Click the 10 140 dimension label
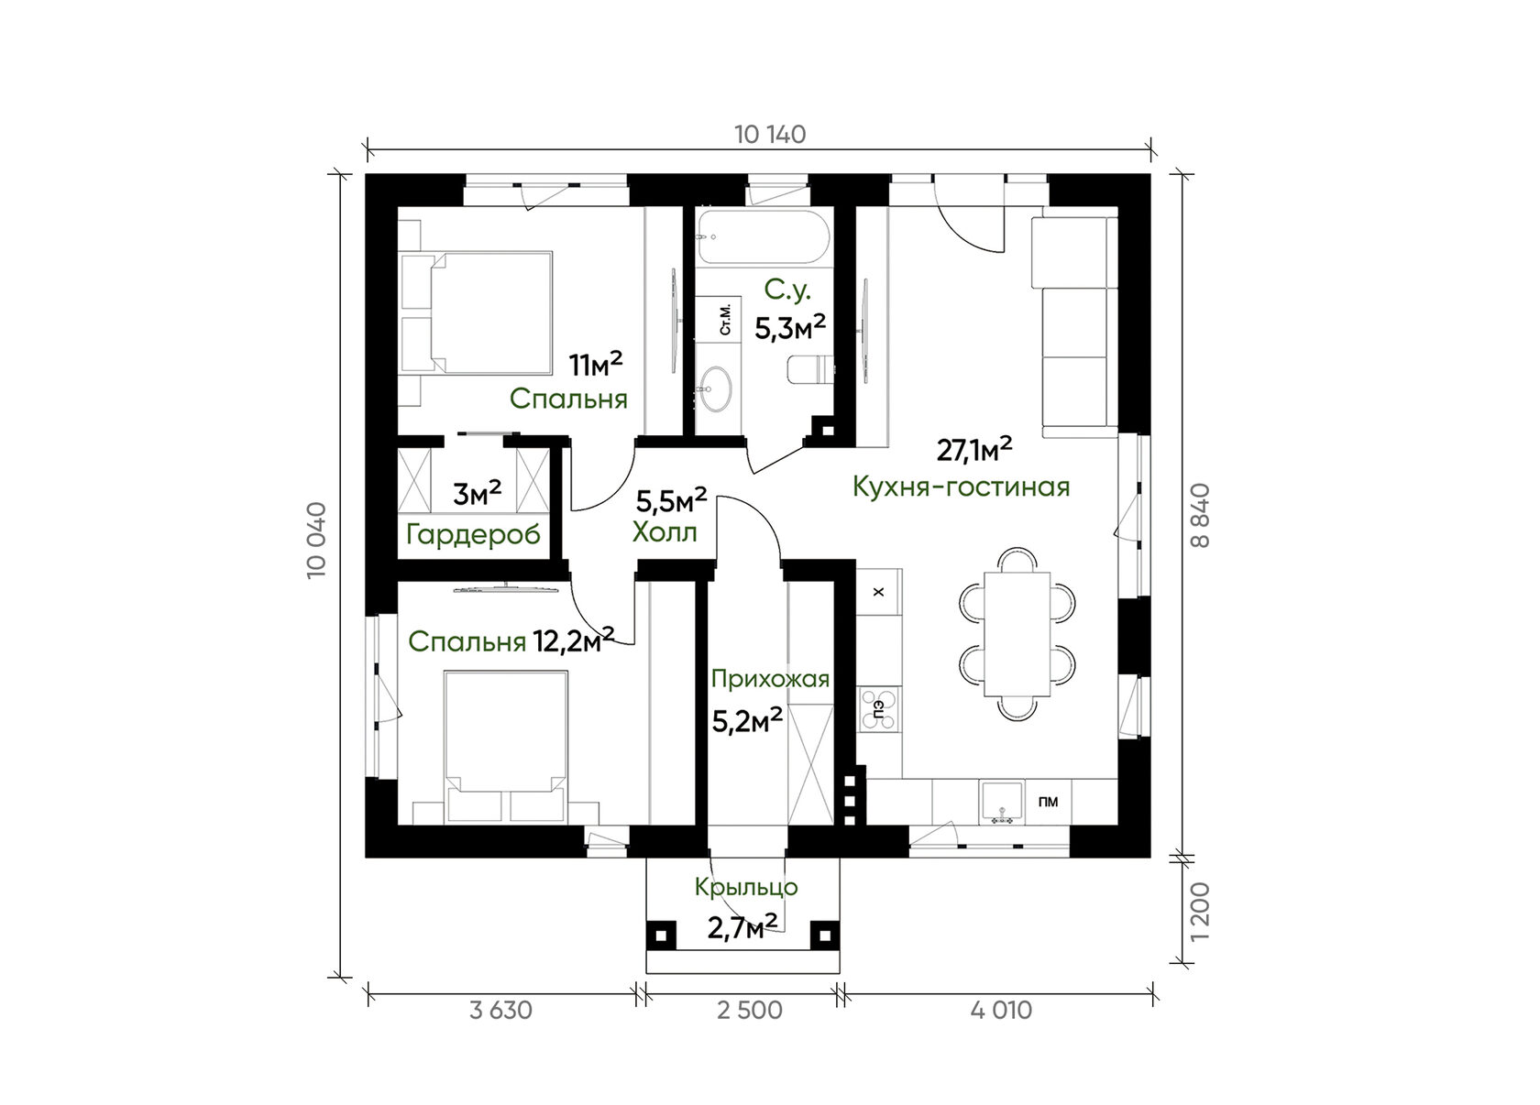pyautogui.click(x=770, y=135)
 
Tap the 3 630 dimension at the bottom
pyautogui.click(x=501, y=1011)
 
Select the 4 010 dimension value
pyautogui.click(x=1002, y=1011)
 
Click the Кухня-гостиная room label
pyautogui.click(x=961, y=487)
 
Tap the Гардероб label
pyautogui.click(x=474, y=535)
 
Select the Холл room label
pyautogui.click(x=664, y=531)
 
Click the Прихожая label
pyautogui.click(x=770, y=680)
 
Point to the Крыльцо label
pyautogui.click(x=746, y=887)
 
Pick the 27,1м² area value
pyautogui.click(x=974, y=450)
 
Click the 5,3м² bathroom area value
pyautogui.click(x=790, y=328)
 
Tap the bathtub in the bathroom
pyautogui.click(x=763, y=237)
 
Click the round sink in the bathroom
pyautogui.click(x=715, y=388)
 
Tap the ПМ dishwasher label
pyautogui.click(x=1049, y=802)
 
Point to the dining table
pyautogui.click(x=1017, y=634)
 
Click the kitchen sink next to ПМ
pyautogui.click(x=1003, y=802)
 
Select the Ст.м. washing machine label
pyautogui.click(x=725, y=320)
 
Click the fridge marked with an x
pyautogui.click(x=878, y=592)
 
